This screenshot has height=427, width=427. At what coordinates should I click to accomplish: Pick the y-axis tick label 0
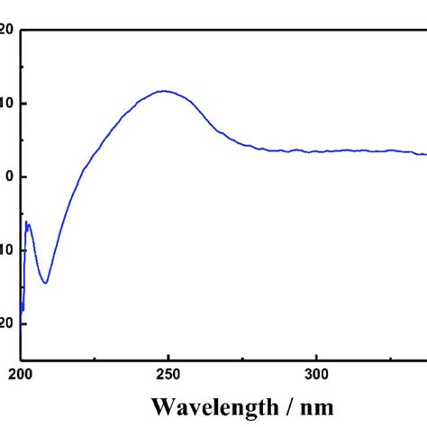coord(9,177)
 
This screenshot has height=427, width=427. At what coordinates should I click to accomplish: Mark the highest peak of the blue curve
coord(165,90)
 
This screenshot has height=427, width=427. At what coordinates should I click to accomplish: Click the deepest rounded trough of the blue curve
coord(44,283)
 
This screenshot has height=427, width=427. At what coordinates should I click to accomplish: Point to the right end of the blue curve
coord(425,154)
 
